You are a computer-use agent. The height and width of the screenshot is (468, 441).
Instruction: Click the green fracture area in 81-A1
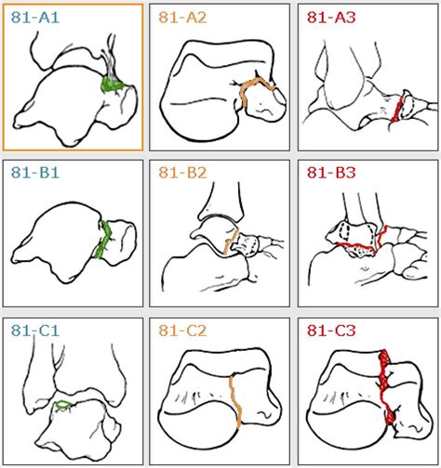pos(113,86)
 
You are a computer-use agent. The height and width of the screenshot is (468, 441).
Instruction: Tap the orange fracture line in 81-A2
pos(248,93)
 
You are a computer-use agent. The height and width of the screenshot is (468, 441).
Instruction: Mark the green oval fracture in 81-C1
pos(64,406)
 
